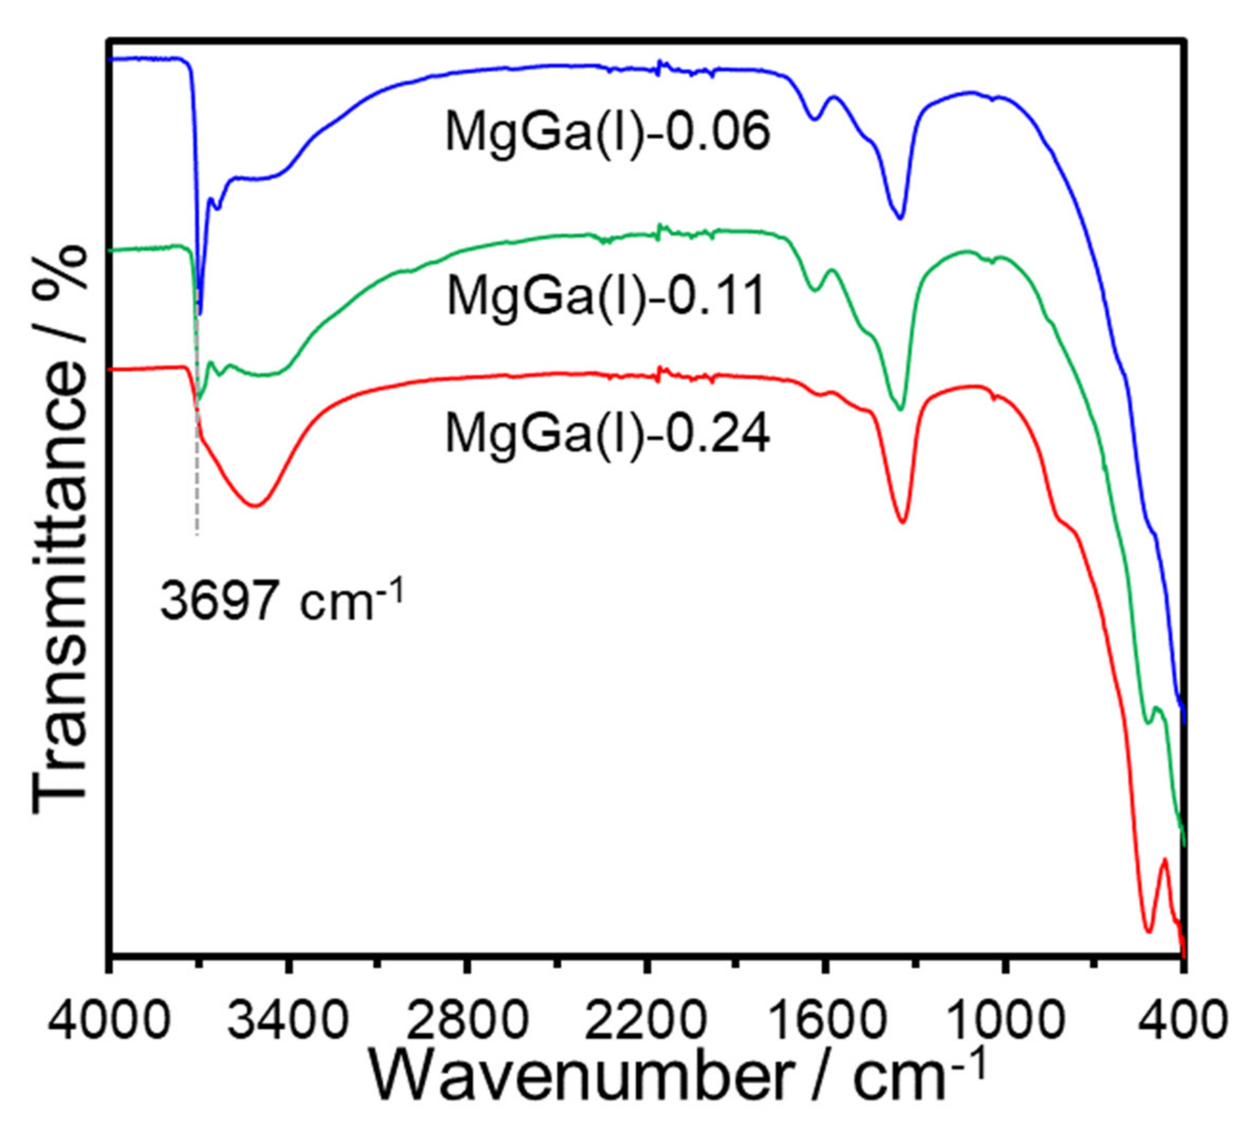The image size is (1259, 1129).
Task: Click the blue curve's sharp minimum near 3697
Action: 200,314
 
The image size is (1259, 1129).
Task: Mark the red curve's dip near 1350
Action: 903,521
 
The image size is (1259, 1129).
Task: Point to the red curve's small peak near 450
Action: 1164,860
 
